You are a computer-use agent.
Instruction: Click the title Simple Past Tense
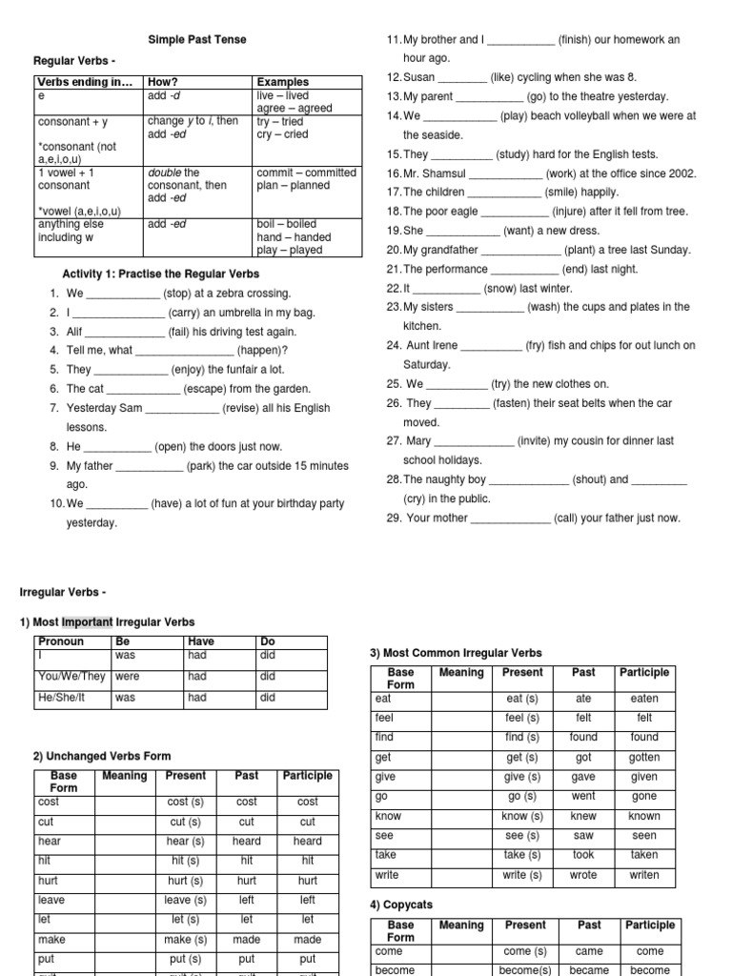click(196, 39)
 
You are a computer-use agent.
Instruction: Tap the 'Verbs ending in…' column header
click(84, 82)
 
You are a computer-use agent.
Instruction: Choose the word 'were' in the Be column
click(127, 677)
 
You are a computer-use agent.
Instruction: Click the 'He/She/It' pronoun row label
click(62, 697)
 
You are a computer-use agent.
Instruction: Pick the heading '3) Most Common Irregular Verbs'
click(456, 653)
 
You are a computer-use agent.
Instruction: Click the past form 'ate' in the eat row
click(582, 699)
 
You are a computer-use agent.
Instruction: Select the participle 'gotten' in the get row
click(644, 758)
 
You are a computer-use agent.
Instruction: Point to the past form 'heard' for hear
click(246, 842)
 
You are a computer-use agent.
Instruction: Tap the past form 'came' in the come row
click(589, 951)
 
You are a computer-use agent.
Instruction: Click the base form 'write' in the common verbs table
click(388, 875)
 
